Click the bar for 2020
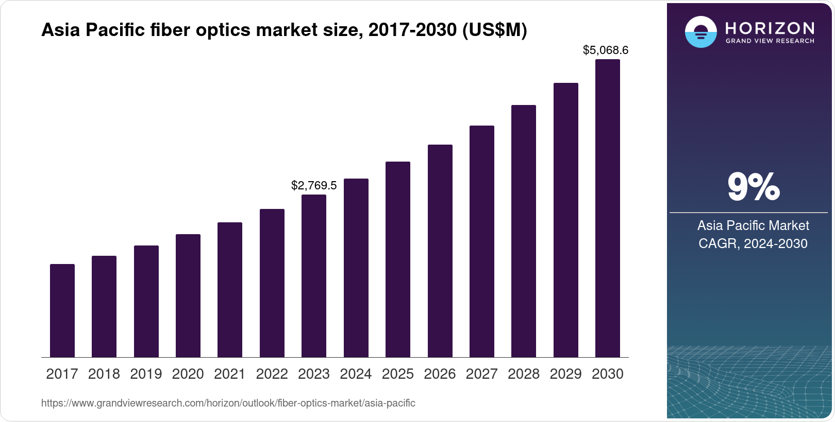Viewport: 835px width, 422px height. coord(188,295)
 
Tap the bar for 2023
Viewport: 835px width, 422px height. coord(314,276)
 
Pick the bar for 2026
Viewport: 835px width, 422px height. coord(440,251)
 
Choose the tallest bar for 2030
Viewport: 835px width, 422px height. coord(608,208)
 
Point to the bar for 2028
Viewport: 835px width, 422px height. coord(524,231)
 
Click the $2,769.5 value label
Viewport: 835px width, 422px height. coord(314,185)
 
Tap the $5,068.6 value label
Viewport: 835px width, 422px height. coord(606,50)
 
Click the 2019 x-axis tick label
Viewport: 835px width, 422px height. coord(146,374)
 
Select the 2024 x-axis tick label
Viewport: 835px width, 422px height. coord(356,374)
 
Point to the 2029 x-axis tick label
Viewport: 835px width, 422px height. coord(565,374)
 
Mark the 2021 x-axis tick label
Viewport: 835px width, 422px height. coord(230,374)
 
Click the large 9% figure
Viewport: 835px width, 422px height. coord(753,187)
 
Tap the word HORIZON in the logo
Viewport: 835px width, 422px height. coord(770,28)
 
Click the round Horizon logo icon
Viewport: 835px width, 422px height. coord(700,32)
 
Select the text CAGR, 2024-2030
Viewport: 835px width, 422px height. coord(753,243)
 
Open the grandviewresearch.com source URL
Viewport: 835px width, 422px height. coord(228,403)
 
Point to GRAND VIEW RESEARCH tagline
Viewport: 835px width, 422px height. coord(770,41)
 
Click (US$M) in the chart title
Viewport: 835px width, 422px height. coord(494,30)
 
